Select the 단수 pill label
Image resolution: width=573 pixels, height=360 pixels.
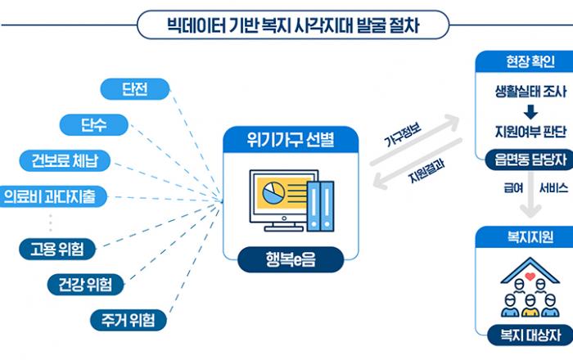(x=93, y=124)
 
